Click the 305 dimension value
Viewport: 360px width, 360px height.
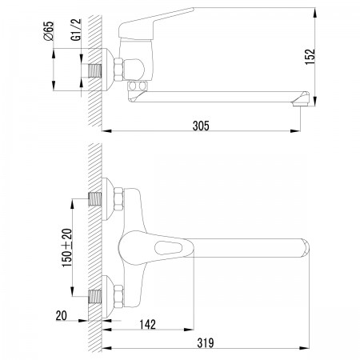(201, 126)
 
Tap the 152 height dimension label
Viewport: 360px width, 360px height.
(310, 57)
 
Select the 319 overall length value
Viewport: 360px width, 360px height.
(206, 343)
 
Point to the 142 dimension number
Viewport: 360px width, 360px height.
(147, 325)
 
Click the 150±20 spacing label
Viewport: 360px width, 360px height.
(67, 248)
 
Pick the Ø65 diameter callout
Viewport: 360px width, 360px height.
(49, 31)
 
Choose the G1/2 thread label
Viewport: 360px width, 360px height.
(76, 30)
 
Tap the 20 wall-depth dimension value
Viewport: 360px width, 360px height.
(62, 316)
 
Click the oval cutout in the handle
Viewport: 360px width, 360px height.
(168, 248)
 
